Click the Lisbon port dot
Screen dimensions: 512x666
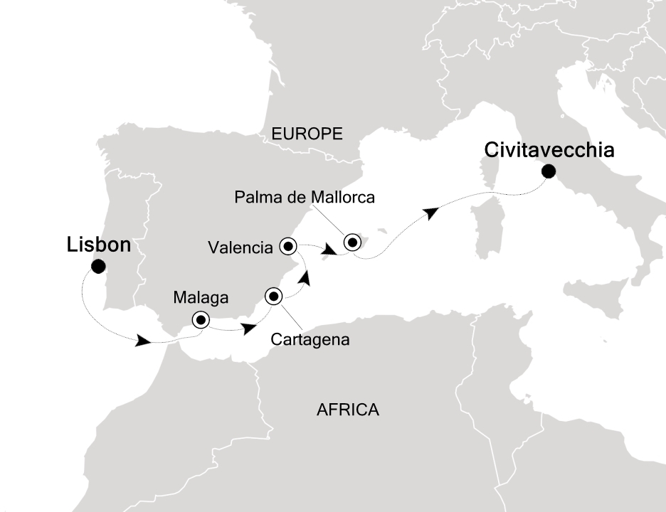pyautogui.click(x=98, y=267)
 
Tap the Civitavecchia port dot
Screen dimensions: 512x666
pyautogui.click(x=548, y=171)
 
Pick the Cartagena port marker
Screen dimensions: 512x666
pyautogui.click(x=274, y=296)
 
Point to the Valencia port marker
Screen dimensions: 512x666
pyautogui.click(x=288, y=246)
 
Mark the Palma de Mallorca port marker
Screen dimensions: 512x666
pyautogui.click(x=352, y=242)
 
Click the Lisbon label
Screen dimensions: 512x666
pyautogui.click(x=99, y=245)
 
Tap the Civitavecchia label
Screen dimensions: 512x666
pyautogui.click(x=549, y=151)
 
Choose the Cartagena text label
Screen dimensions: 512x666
pyautogui.click(x=310, y=339)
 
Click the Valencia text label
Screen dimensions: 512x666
pyautogui.click(x=240, y=247)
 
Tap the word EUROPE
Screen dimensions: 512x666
pyautogui.click(x=307, y=133)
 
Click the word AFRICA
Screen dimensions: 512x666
pyautogui.click(x=347, y=410)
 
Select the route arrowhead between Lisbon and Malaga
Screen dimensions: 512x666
pyautogui.click(x=143, y=342)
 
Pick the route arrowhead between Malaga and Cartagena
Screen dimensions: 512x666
pyautogui.click(x=249, y=329)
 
